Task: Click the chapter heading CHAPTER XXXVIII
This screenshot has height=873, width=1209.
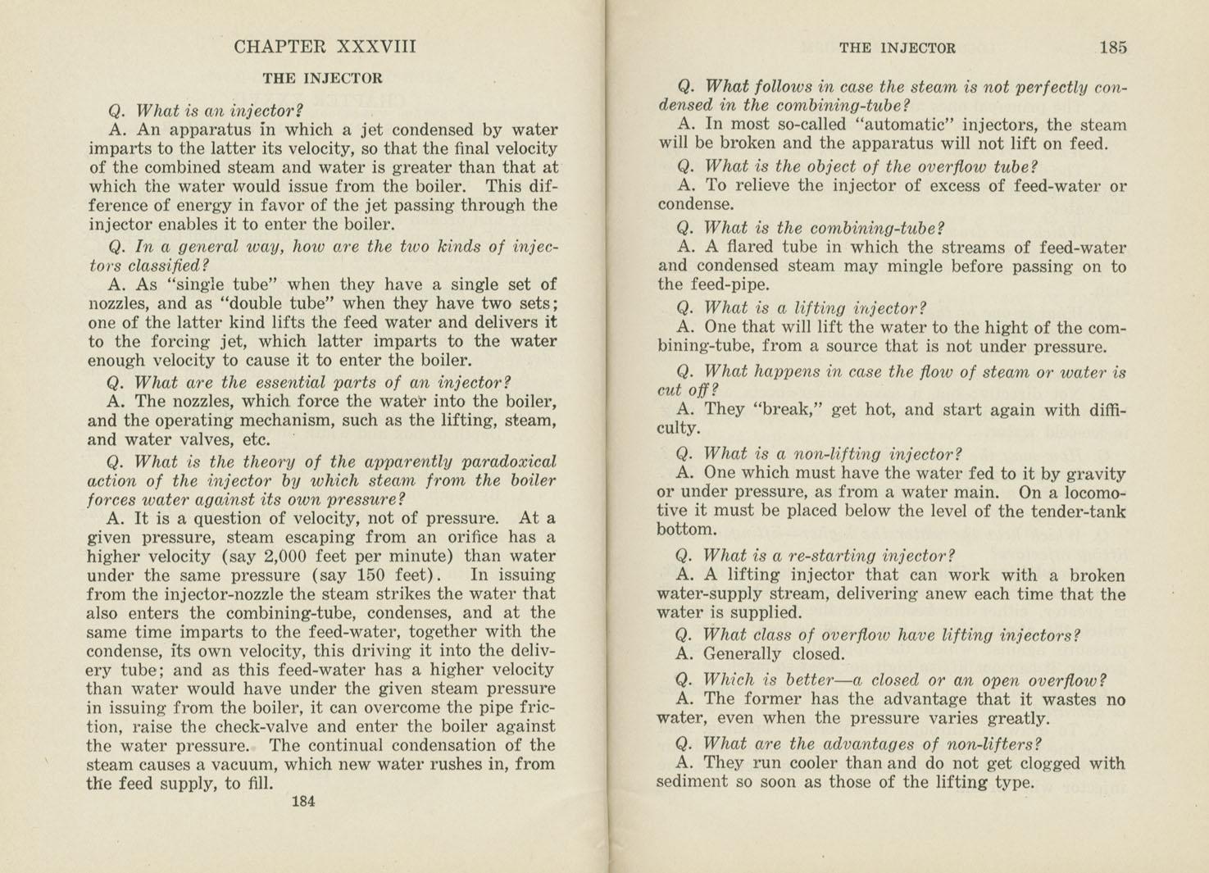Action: coord(325,47)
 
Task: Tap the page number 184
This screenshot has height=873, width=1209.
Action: coord(303,802)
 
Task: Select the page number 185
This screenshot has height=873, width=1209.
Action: coord(1112,48)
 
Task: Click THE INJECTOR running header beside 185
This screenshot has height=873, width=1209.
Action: coord(897,48)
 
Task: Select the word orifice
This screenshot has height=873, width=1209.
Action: coord(475,538)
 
